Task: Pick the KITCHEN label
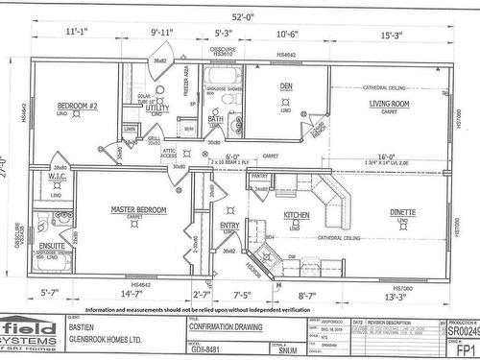pos(296,215)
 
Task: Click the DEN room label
pos(284,86)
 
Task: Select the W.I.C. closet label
pos(57,178)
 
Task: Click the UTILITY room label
pos(157,108)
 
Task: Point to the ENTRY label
pos(229,226)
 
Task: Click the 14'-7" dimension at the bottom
pos(131,295)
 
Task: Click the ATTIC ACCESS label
pos(170,156)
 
